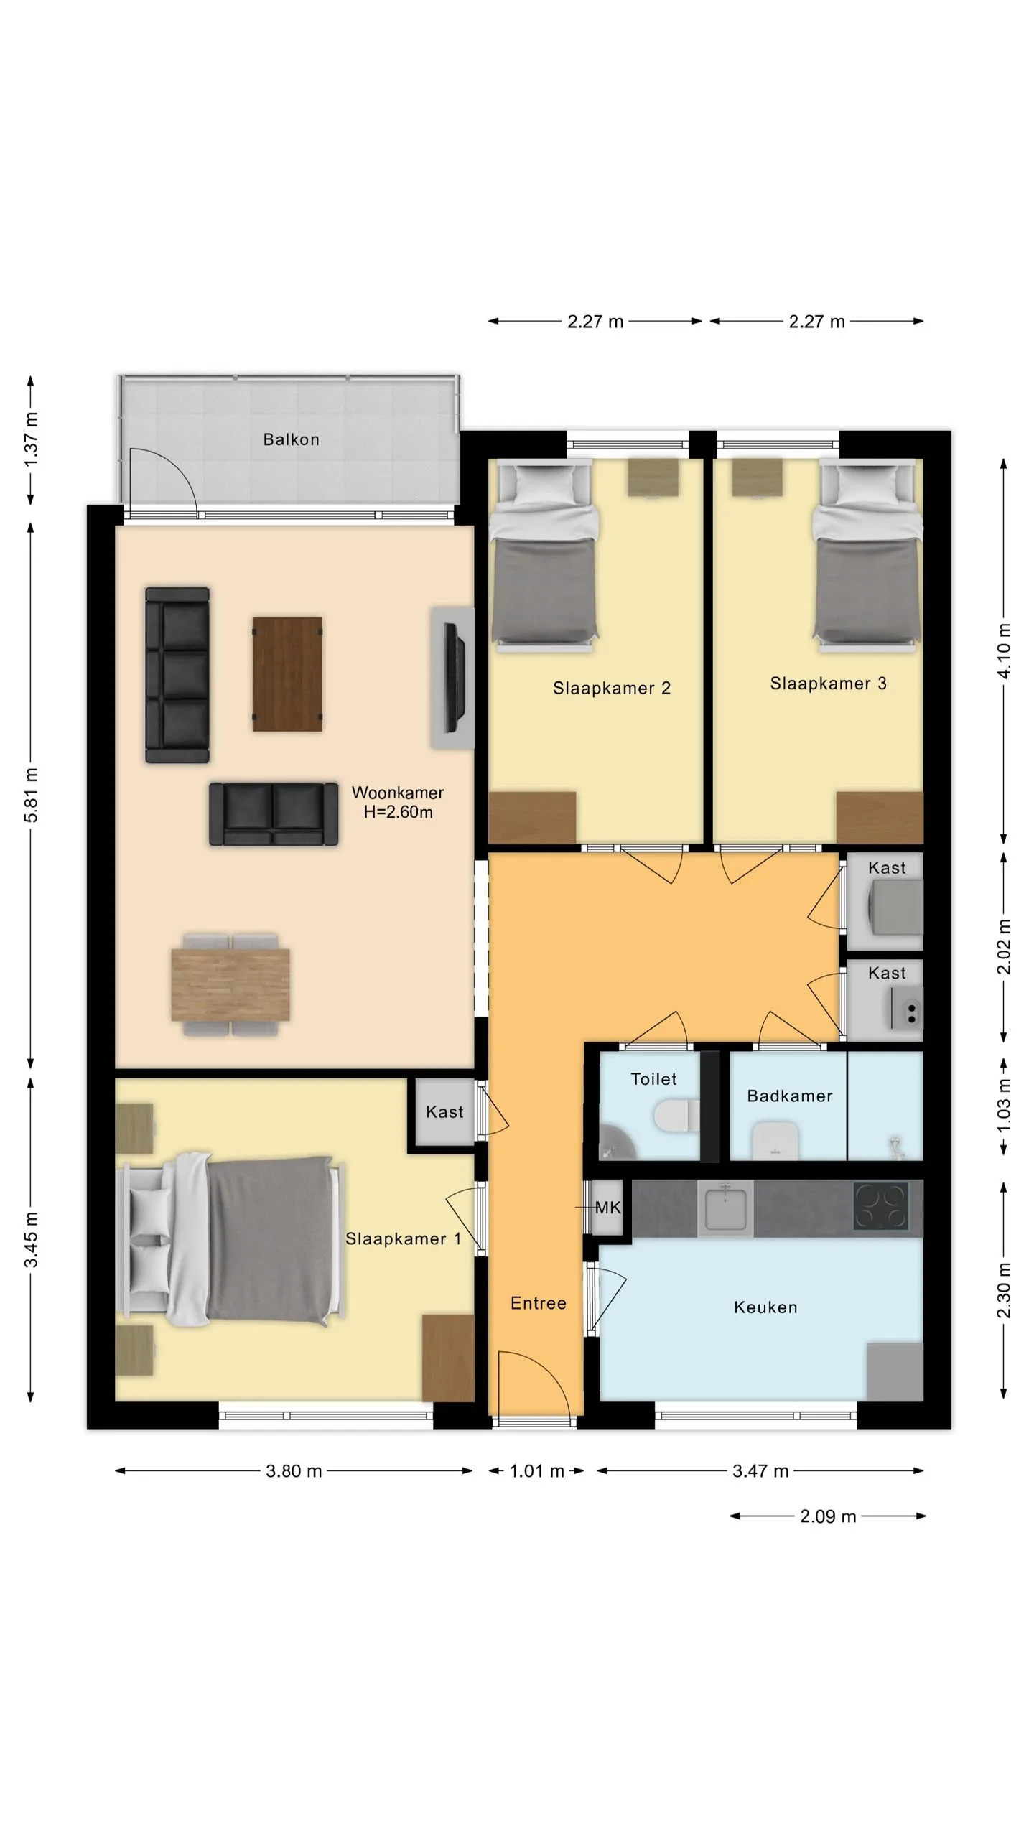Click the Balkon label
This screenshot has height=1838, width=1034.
tap(291, 439)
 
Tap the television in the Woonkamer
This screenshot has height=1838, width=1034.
tap(454, 678)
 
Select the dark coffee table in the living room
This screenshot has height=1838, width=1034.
tap(287, 674)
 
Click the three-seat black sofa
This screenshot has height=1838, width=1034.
tap(177, 675)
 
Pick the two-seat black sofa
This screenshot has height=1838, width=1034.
tap(274, 814)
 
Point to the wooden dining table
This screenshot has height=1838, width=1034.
tap(230, 984)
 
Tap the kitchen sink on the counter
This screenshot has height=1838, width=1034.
tap(726, 1208)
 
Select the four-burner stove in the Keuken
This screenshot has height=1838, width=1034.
tap(881, 1207)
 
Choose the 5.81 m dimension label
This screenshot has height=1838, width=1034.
tap(32, 796)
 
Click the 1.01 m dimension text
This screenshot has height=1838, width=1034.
tap(536, 1471)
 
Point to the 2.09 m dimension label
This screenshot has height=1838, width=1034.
tap(828, 1516)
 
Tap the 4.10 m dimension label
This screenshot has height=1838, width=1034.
tap(1004, 650)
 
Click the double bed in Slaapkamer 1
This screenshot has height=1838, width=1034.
tap(230, 1239)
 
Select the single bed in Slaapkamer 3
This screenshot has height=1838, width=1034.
tap(867, 556)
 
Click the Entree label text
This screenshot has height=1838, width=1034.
tap(539, 1303)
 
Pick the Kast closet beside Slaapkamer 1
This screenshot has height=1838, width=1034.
tap(444, 1112)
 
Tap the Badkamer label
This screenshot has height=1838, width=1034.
tap(790, 1096)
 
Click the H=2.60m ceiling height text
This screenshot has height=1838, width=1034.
tap(399, 812)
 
